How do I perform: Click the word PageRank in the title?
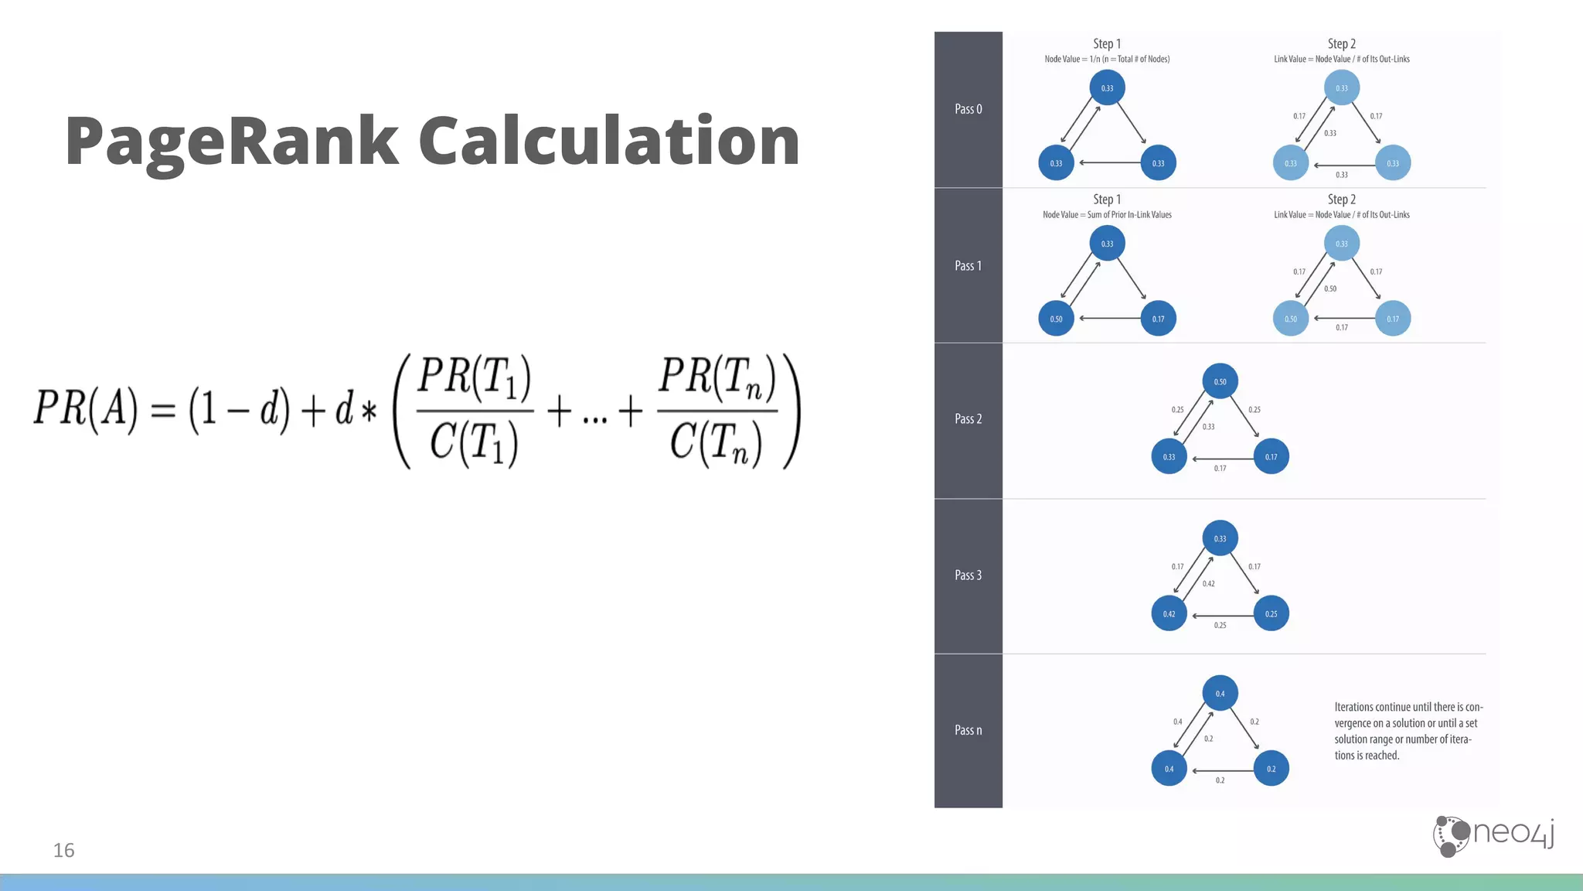pyautogui.click(x=232, y=142)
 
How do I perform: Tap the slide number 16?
pyautogui.click(x=63, y=850)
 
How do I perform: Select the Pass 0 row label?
pyautogui.click(x=968, y=109)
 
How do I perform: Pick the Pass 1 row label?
pyautogui.click(x=968, y=265)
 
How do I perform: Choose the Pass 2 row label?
pyautogui.click(x=968, y=419)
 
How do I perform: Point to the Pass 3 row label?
pyautogui.click(x=968, y=575)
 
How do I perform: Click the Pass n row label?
pyautogui.click(x=968, y=730)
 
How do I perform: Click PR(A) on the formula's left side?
pyautogui.click(x=86, y=408)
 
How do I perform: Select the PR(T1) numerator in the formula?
pyautogui.click(x=474, y=377)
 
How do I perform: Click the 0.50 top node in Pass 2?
pyautogui.click(x=1220, y=381)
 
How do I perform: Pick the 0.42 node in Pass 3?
pyautogui.click(x=1169, y=614)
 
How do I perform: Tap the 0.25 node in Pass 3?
pyautogui.click(x=1271, y=614)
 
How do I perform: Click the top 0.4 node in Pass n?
pyautogui.click(x=1220, y=694)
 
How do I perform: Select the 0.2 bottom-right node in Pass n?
pyautogui.click(x=1271, y=769)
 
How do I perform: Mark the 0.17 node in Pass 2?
pyautogui.click(x=1271, y=457)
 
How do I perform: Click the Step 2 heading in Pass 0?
pyautogui.click(x=1341, y=44)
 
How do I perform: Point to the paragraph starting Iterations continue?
pyautogui.click(x=1408, y=731)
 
